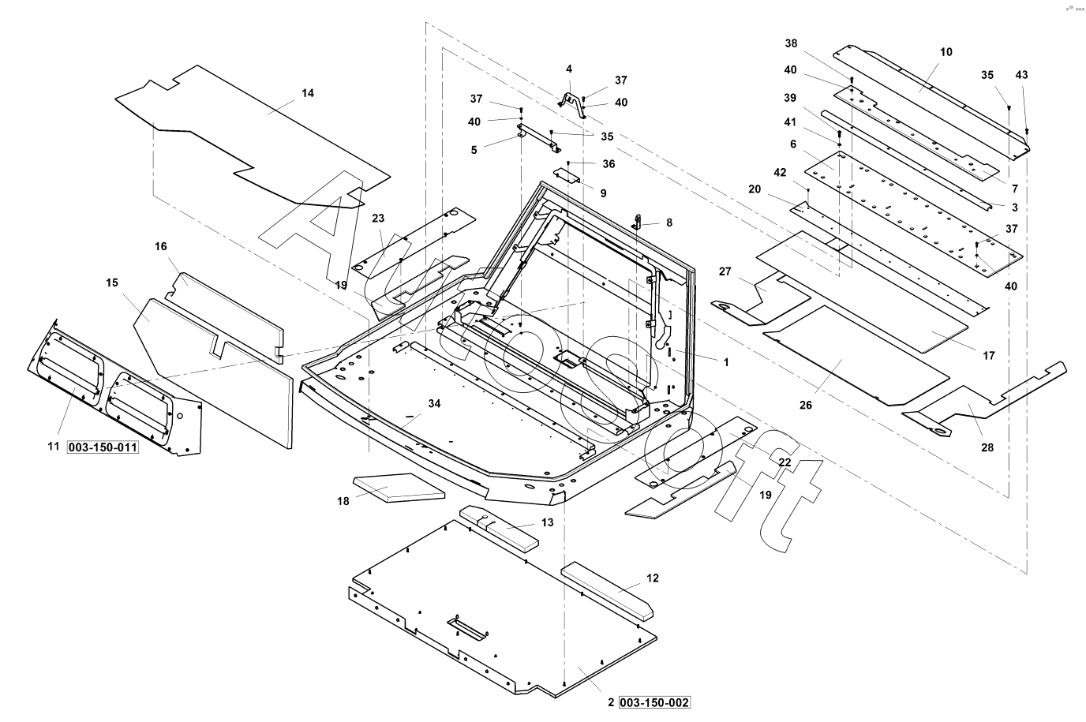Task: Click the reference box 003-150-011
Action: (x=103, y=447)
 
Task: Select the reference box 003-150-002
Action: (x=654, y=702)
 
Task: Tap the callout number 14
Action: (x=308, y=93)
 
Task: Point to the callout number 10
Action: (x=946, y=52)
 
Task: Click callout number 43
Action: (x=1021, y=75)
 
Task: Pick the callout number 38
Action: (x=792, y=43)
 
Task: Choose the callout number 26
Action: (x=805, y=405)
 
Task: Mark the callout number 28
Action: (x=987, y=447)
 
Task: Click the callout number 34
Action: (x=434, y=404)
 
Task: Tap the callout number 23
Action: (x=378, y=219)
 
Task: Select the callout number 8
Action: (x=669, y=223)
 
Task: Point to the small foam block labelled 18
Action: (x=399, y=488)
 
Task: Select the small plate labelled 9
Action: (x=567, y=175)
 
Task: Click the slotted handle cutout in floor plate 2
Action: (x=468, y=629)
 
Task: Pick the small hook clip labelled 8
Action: (x=637, y=222)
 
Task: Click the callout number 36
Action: (x=609, y=164)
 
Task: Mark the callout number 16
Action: (x=160, y=247)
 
